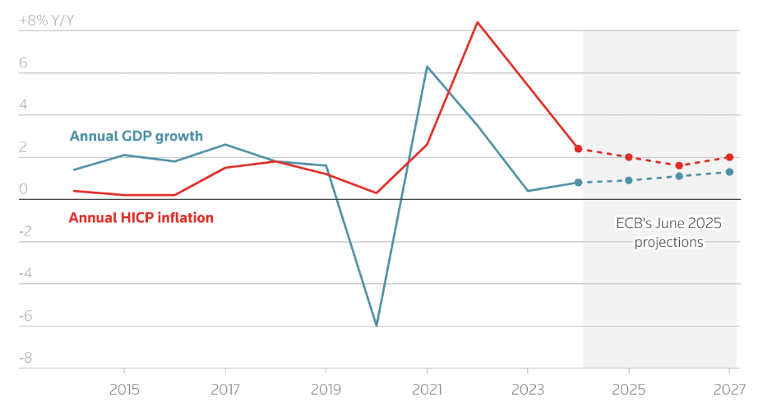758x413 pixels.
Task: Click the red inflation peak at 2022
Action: pos(478,22)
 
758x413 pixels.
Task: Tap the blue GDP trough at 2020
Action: pos(377,326)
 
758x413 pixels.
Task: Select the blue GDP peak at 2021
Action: pos(427,67)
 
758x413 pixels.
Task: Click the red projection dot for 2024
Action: pos(578,149)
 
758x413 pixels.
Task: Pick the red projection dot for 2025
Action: pos(629,157)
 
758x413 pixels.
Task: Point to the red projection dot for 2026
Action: pos(679,165)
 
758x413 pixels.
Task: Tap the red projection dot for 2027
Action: pos(729,157)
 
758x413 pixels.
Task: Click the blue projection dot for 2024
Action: pos(578,183)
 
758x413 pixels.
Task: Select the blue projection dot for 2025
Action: pos(629,180)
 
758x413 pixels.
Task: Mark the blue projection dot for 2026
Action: pos(679,176)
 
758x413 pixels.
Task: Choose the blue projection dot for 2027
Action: pos(729,172)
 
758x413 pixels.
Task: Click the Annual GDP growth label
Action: pos(136,137)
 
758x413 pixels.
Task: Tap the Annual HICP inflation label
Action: pos(141,218)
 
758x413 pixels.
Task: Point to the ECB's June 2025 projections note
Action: pos(668,233)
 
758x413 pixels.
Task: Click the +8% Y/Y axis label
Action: pos(46,21)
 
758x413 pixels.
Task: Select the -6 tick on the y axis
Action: pos(25,316)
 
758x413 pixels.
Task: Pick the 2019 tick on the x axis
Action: pos(326,388)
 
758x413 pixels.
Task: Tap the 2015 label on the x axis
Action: pos(123,388)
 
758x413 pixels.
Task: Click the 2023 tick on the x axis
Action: pos(528,388)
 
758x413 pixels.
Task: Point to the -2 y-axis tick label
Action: pos(25,231)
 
